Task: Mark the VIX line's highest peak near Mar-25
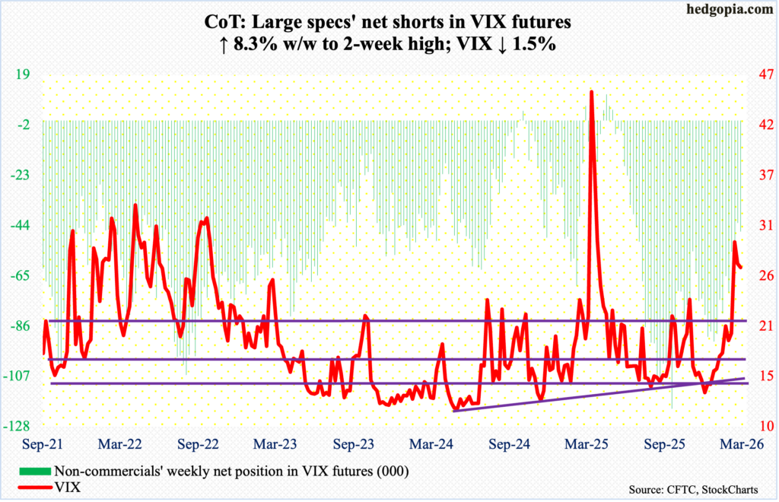point(591,92)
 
